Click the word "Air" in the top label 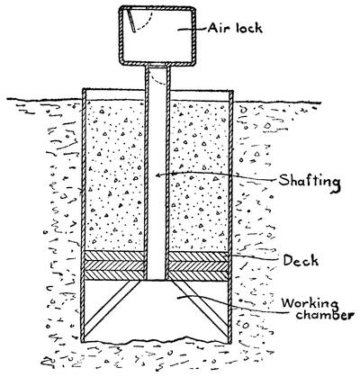pos(219,28)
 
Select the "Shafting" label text pos(310,182)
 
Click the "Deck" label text pos(301,260)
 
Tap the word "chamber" pos(323,315)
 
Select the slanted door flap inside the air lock pos(130,20)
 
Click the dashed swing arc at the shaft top pos(157,78)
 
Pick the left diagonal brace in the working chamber pos(111,309)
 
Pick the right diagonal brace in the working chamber pos(201,309)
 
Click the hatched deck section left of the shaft pos(115,265)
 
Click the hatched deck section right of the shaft pos(197,265)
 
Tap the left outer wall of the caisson pos(84,216)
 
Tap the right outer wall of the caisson pos(230,216)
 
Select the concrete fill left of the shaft pos(115,175)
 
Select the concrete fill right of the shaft pos(198,175)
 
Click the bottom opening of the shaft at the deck pos(157,280)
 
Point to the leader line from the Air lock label pos(192,29)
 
